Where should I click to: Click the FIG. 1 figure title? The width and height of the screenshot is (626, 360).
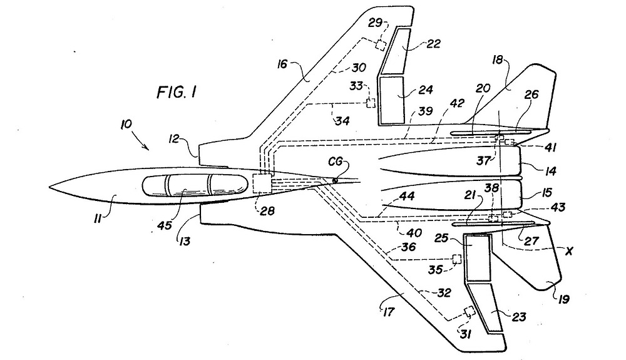click(x=177, y=92)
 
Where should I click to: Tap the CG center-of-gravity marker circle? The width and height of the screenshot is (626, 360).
click(x=334, y=180)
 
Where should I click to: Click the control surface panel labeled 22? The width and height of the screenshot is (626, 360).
click(x=398, y=50)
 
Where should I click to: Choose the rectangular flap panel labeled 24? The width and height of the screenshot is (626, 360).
click(x=393, y=100)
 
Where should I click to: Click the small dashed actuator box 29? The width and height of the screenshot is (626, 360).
click(x=381, y=44)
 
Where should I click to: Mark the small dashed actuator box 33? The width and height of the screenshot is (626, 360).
click(x=371, y=103)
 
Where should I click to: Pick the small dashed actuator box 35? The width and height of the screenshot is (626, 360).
click(x=457, y=259)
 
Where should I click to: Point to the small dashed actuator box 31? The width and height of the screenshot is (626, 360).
click(x=468, y=311)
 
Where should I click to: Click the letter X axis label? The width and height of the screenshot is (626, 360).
click(x=570, y=251)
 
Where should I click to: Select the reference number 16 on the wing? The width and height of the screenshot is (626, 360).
click(x=282, y=64)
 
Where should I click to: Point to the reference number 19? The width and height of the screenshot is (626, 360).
click(x=564, y=299)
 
